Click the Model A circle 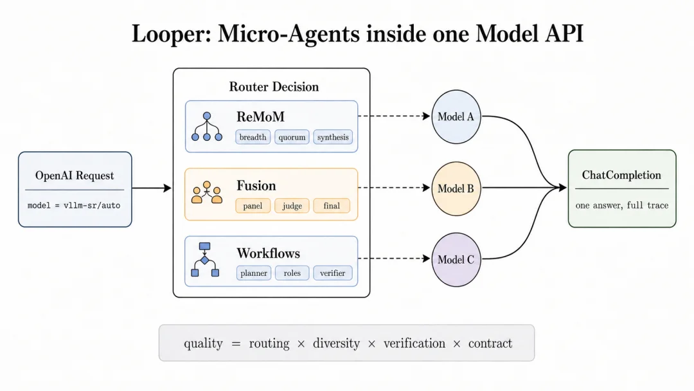[456, 117]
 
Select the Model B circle [456, 188]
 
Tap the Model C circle [456, 259]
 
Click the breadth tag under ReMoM [253, 137]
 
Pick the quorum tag [292, 137]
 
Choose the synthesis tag [333, 137]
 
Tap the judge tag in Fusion [292, 206]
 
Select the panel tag [253, 206]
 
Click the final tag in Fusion [332, 206]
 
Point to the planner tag [254, 273]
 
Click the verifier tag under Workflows [332, 273]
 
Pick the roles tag [292, 273]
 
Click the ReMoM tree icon [207, 127]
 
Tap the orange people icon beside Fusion [207, 192]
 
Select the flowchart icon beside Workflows [205, 259]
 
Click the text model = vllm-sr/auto [74, 205]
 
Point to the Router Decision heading [274, 87]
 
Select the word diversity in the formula [336, 343]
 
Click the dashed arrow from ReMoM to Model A [394, 116]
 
